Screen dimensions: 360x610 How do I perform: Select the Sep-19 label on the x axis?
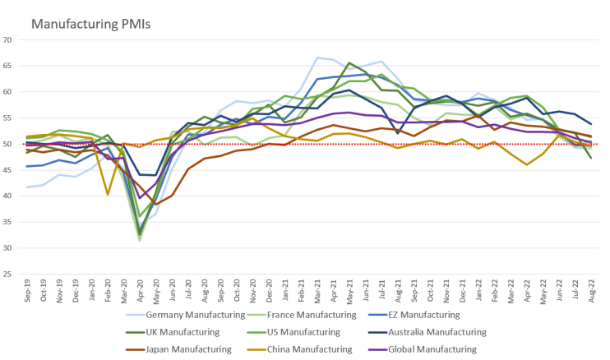[28, 288]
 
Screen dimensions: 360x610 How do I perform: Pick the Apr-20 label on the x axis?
[140, 288]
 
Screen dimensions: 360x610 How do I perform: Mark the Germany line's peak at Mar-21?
[317, 58]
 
